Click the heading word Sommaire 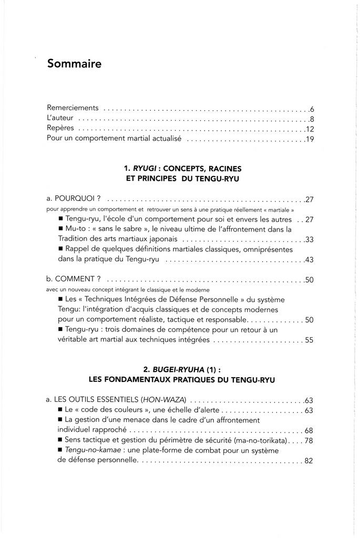(74, 64)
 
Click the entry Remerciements (73, 108)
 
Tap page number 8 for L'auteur (312, 119)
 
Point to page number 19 (309, 140)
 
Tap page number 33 (309, 240)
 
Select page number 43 (309, 261)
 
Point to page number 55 (309, 340)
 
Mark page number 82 (309, 461)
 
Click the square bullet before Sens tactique (61, 440)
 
